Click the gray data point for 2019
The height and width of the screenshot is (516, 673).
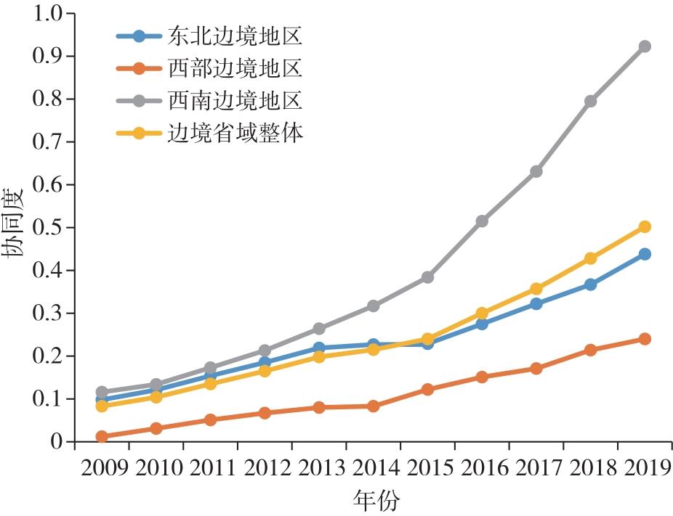645,46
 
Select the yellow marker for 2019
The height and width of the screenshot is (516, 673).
645,226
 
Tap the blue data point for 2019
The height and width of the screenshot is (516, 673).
645,254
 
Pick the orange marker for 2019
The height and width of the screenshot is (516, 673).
645,339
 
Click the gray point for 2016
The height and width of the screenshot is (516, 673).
482,221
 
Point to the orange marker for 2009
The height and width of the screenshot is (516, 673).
102,436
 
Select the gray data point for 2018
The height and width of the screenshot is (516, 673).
590,101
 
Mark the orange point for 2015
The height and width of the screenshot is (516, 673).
427,389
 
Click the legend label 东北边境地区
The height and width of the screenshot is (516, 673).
235,36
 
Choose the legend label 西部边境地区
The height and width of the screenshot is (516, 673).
235,68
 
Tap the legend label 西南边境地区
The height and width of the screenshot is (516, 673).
235,100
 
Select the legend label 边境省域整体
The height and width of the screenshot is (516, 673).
235,132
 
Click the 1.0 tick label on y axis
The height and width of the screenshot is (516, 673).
47,13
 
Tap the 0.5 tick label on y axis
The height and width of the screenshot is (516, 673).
47,228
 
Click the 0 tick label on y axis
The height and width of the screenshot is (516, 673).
56,442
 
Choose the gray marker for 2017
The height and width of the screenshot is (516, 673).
536,171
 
